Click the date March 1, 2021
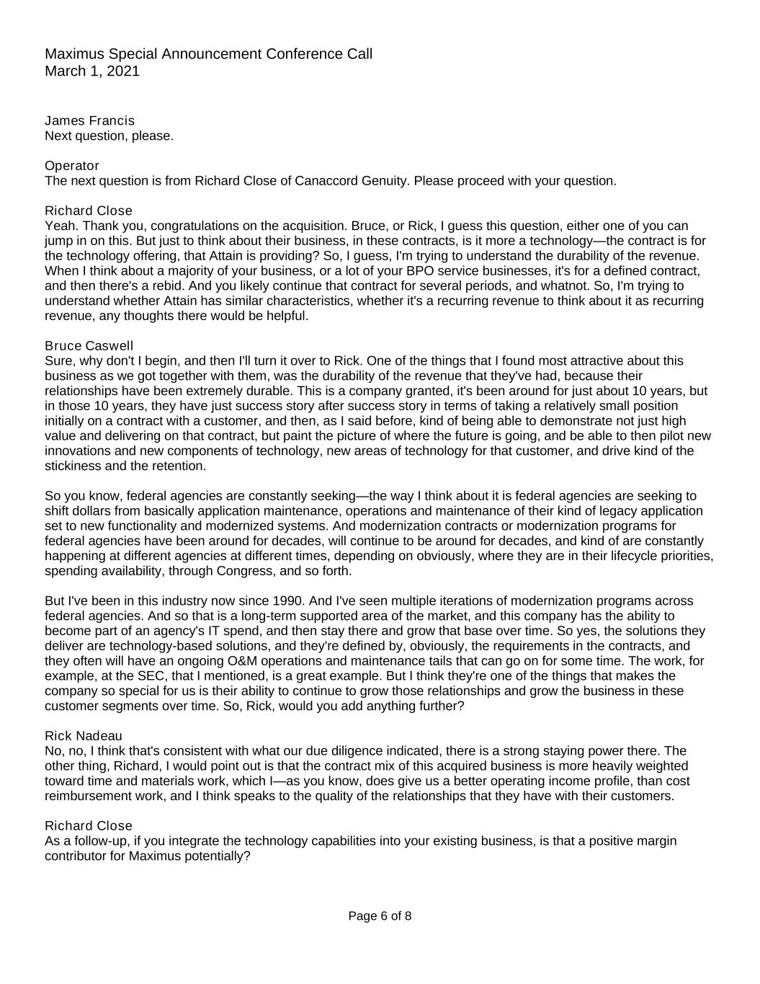pyautogui.click(x=92, y=71)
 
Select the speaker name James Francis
pyautogui.click(x=89, y=120)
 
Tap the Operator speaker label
pyautogui.click(x=72, y=165)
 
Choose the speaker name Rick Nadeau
pyautogui.click(x=84, y=735)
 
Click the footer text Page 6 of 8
pyautogui.click(x=380, y=916)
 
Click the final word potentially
pyautogui.click(x=214, y=856)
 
